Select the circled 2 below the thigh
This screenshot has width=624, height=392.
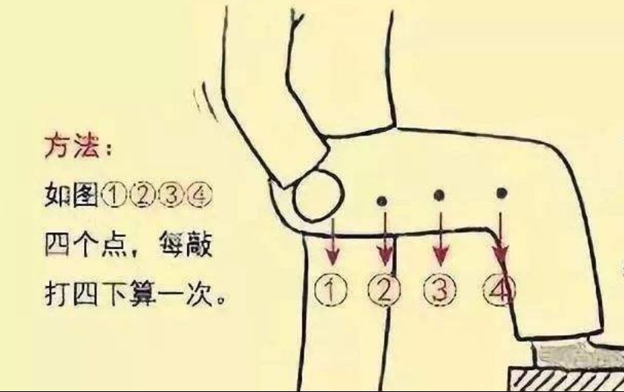pyautogui.click(x=384, y=289)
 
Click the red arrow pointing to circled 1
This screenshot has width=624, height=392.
pyautogui.click(x=331, y=241)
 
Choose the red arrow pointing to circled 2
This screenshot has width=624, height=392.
pyautogui.click(x=386, y=238)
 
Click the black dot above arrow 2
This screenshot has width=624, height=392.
pyautogui.click(x=383, y=201)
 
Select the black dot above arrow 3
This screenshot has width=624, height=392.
pyautogui.click(x=439, y=196)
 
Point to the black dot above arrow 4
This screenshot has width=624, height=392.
pyautogui.click(x=501, y=194)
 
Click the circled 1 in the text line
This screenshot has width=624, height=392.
pyautogui.click(x=112, y=195)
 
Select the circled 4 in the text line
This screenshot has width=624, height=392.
pyautogui.click(x=201, y=195)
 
